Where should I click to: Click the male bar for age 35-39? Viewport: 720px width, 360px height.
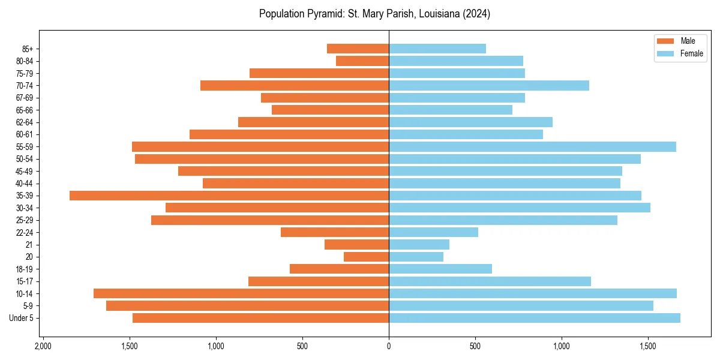coord(229,196)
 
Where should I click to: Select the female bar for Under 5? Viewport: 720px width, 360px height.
coord(534,318)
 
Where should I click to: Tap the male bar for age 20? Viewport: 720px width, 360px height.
coord(366,257)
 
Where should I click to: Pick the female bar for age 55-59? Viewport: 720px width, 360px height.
coord(532,146)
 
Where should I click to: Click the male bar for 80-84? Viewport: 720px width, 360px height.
coord(362,61)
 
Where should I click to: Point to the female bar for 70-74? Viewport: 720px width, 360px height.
coord(489,85)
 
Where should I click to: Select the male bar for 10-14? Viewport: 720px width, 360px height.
coord(241,293)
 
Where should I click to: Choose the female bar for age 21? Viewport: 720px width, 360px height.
coord(419,244)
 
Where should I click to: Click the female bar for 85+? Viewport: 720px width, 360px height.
coord(437,49)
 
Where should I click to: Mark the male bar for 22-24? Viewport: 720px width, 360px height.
coord(335,232)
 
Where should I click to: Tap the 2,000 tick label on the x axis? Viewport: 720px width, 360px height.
coord(43,346)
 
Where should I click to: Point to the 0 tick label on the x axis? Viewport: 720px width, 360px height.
coord(389,346)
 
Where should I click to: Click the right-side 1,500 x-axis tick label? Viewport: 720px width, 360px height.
coord(648,346)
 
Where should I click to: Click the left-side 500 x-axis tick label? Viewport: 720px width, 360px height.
coord(302,346)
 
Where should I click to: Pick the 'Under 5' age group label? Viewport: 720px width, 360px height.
coord(21,318)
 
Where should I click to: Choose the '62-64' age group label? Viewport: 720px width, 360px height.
coord(25,122)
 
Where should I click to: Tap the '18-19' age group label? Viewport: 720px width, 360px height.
coord(25,269)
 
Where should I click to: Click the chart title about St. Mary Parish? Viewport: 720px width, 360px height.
coord(374,14)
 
